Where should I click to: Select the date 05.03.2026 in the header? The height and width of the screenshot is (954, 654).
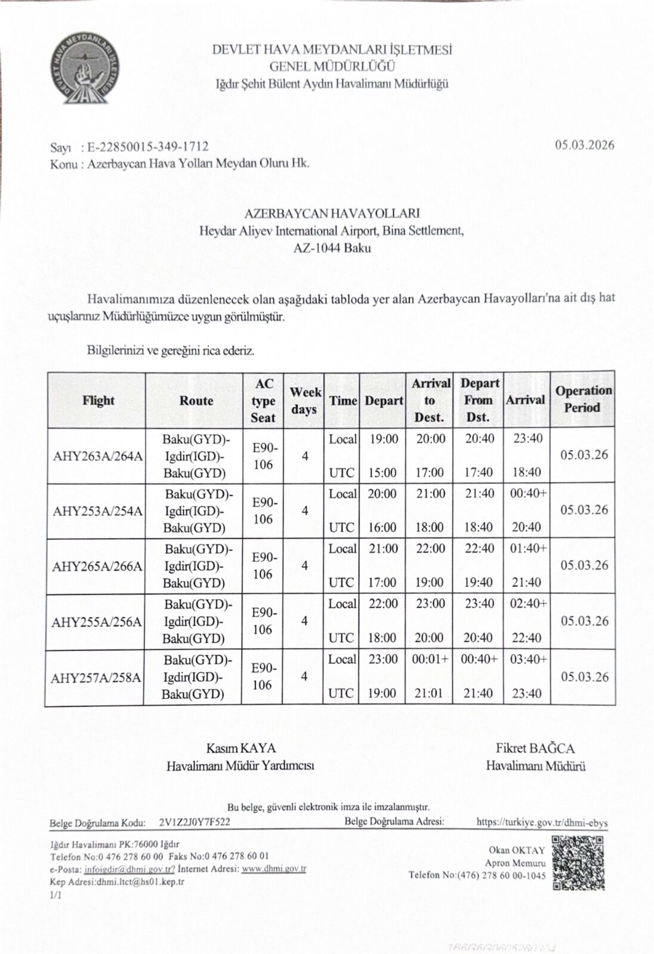click(x=584, y=145)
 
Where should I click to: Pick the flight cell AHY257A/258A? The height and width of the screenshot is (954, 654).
click(x=96, y=677)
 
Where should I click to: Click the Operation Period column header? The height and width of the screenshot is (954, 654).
click(x=583, y=399)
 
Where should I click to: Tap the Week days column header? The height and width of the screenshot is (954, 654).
click(x=305, y=401)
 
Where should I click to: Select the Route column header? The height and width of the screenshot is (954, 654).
click(x=196, y=401)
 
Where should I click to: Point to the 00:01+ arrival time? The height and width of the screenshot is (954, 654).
click(x=430, y=659)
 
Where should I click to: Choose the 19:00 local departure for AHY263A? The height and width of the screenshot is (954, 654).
click(x=384, y=439)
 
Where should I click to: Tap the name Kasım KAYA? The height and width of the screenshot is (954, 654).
click(x=241, y=748)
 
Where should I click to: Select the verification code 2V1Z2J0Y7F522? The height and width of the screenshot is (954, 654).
click(x=195, y=822)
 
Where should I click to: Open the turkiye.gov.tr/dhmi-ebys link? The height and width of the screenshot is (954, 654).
click(x=542, y=823)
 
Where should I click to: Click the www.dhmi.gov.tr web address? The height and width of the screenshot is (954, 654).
click(x=274, y=869)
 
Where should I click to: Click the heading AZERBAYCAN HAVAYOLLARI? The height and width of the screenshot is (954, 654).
click(x=332, y=213)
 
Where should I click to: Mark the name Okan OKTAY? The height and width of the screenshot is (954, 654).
click(x=517, y=850)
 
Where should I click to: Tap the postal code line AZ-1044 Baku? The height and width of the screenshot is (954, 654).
click(x=332, y=248)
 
